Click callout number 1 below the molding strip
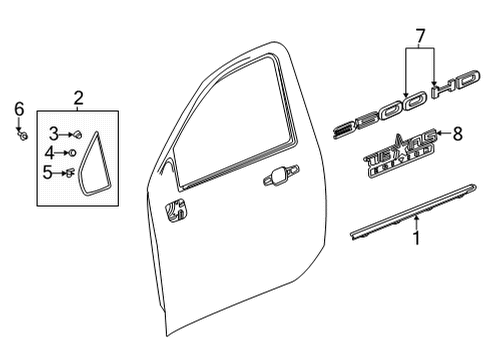(417, 239)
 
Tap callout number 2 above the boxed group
(78, 97)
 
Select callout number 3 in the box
(54, 133)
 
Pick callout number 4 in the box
(50, 152)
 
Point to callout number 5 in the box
(51, 171)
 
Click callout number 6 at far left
(18, 109)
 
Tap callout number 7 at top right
(419, 37)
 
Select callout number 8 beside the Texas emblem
(458, 132)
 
